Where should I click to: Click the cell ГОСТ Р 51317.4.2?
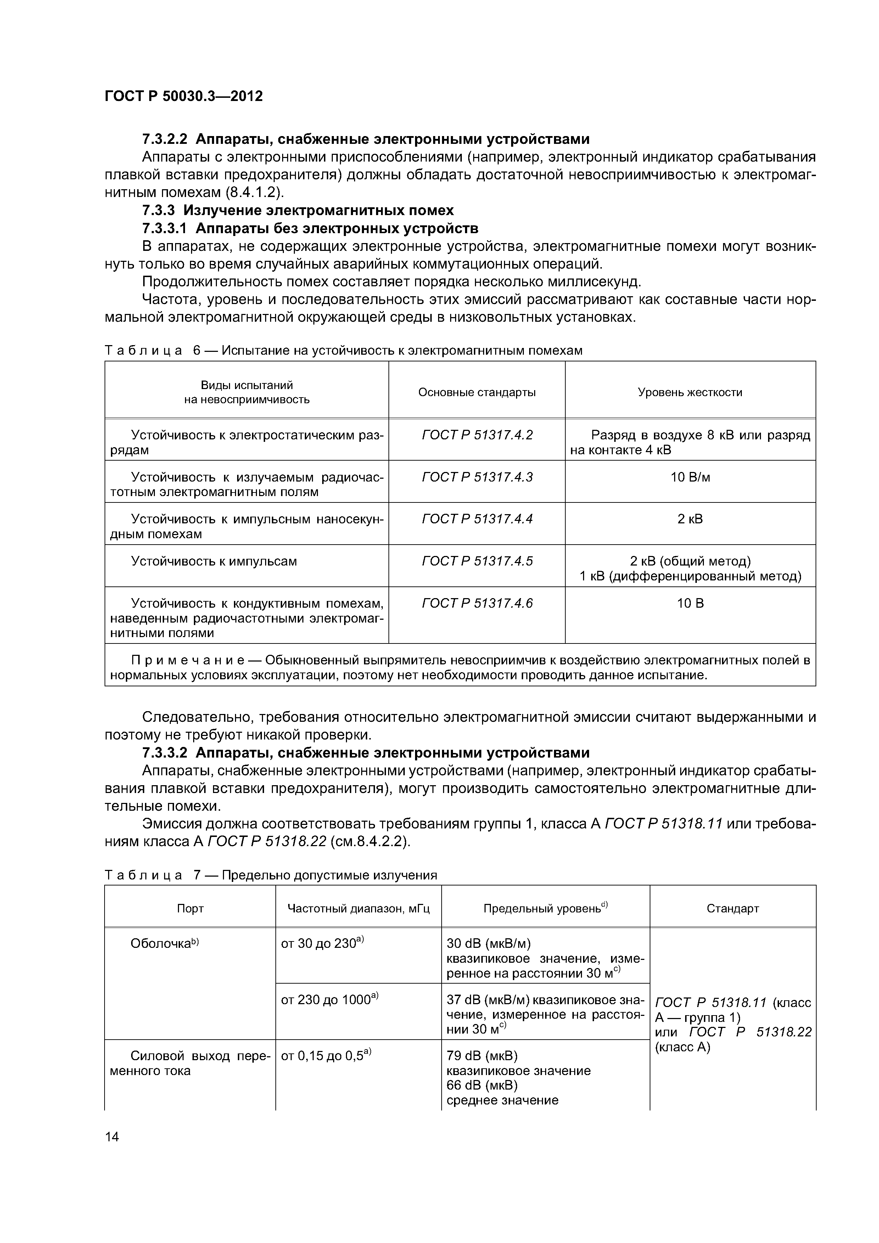pos(477,435)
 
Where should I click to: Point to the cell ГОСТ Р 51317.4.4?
pos(477,519)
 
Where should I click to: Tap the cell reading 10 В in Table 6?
pos(690,603)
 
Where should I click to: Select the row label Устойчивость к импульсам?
pos(214,561)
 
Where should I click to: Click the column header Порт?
pos(190,909)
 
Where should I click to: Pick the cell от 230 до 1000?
pos(329,999)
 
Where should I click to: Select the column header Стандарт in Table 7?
pos(732,909)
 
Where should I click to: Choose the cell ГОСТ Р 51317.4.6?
pos(477,603)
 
